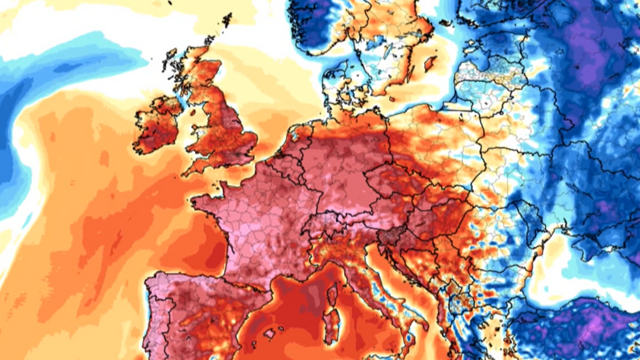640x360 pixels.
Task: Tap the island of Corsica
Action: click(332, 294)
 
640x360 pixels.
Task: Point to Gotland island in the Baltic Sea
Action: click(431, 63)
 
